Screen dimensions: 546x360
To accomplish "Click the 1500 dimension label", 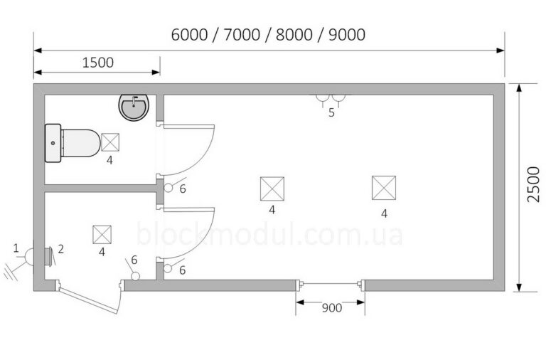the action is (98, 63).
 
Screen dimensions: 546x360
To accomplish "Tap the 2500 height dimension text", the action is (533, 184).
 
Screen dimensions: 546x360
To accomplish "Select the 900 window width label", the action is (332, 308).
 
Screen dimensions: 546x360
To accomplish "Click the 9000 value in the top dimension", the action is (347, 35).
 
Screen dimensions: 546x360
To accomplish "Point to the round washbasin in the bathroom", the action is (134, 107).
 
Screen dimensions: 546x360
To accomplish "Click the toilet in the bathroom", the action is (73, 143).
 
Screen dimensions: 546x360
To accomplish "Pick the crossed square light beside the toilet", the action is (110, 142).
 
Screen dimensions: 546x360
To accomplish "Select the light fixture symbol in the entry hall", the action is (102, 235).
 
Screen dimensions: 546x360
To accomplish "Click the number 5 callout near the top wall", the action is (331, 112).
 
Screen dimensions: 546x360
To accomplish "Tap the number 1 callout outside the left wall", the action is (16, 248).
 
